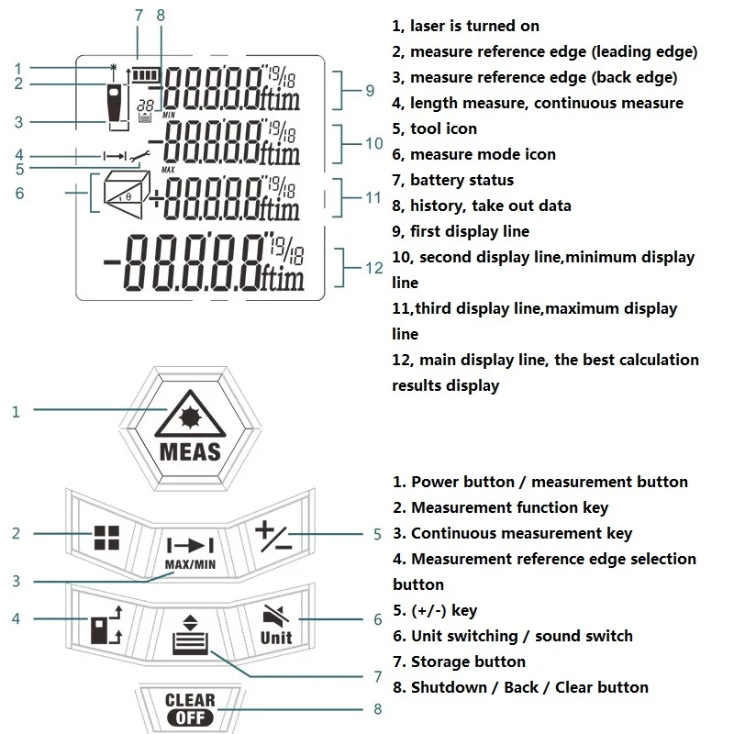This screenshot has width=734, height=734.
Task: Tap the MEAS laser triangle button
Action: (x=190, y=428)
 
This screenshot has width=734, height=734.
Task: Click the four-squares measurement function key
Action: (x=106, y=537)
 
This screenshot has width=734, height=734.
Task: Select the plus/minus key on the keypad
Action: (x=273, y=536)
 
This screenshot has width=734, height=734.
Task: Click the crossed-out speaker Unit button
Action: (x=276, y=625)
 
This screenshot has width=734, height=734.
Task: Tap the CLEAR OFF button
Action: (x=190, y=708)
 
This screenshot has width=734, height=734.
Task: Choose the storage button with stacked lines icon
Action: (x=190, y=635)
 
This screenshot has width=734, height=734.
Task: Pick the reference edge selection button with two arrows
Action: (x=106, y=625)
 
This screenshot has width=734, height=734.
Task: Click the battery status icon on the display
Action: (x=146, y=75)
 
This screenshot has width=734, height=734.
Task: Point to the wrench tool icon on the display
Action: (x=139, y=157)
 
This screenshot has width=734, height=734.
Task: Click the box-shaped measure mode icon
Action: (x=127, y=194)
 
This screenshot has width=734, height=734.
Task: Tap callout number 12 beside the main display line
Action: (x=374, y=268)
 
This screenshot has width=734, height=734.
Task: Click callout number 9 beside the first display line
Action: (x=370, y=90)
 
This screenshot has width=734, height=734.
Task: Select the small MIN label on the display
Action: (x=169, y=115)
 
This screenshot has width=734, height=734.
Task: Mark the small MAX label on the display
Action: (x=168, y=170)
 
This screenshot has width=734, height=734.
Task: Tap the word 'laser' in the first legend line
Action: (x=428, y=26)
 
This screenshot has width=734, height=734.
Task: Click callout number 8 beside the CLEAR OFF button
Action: (x=378, y=709)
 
